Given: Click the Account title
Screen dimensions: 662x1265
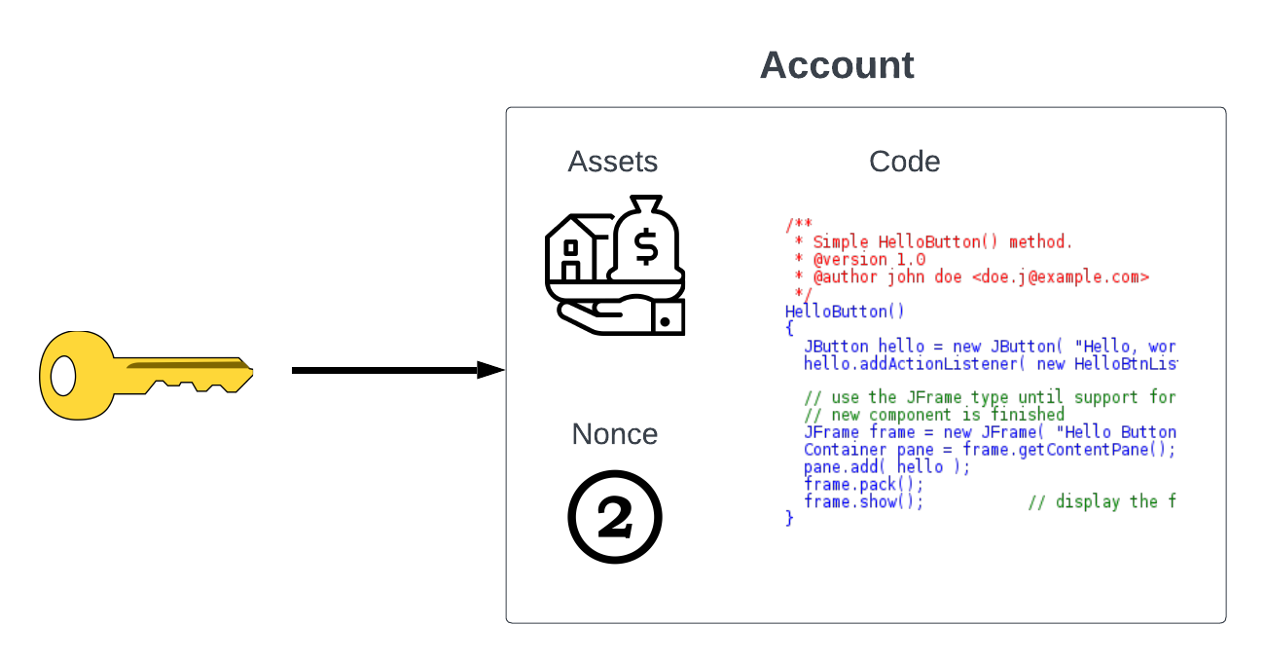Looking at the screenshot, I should [x=837, y=65].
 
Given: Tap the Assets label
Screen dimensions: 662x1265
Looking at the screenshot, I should [x=613, y=162].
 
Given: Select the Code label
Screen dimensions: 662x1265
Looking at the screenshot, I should [x=905, y=162].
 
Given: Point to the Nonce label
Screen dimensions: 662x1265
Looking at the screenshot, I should [x=615, y=434].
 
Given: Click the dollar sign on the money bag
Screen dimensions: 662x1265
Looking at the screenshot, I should [x=645, y=247].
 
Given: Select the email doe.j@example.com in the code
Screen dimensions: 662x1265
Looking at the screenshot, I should [x=1061, y=277].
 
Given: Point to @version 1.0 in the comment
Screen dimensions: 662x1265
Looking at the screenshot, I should [x=869, y=260].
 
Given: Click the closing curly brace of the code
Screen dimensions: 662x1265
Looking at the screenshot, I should [x=789, y=519].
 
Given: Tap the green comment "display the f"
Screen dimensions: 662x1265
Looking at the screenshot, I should [x=1102, y=501].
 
